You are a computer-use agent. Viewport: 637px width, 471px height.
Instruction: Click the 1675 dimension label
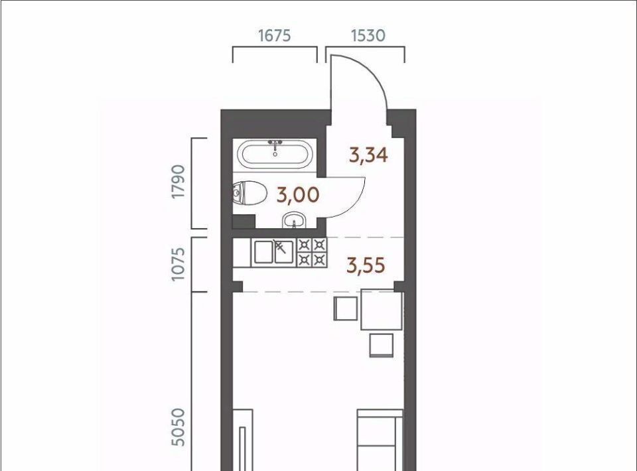coord(275,36)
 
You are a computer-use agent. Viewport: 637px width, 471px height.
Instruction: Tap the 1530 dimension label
coord(368,36)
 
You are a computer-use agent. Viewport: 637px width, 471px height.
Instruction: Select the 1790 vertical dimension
coord(178,182)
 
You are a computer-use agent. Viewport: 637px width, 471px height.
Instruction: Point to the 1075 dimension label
coord(178,264)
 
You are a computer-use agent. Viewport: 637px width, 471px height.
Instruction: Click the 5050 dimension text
coord(178,427)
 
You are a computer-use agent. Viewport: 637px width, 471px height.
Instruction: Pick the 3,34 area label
coord(368,155)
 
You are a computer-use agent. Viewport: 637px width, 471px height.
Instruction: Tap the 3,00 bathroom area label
coord(298,195)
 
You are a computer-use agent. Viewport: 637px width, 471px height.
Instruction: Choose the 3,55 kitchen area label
coord(366,265)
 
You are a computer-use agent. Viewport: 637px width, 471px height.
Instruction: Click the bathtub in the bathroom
coord(275,154)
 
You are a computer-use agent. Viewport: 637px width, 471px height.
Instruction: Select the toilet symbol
coord(249,192)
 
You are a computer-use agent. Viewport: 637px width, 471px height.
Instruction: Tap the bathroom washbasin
coord(293,220)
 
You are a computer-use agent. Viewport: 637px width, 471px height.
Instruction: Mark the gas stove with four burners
coord(312,252)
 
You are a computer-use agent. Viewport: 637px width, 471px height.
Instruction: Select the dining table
coord(382,309)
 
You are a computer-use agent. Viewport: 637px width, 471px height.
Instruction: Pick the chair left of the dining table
coord(346,308)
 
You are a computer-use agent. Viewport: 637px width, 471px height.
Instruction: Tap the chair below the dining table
coord(382,345)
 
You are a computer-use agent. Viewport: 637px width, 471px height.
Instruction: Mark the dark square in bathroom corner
coord(244,222)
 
